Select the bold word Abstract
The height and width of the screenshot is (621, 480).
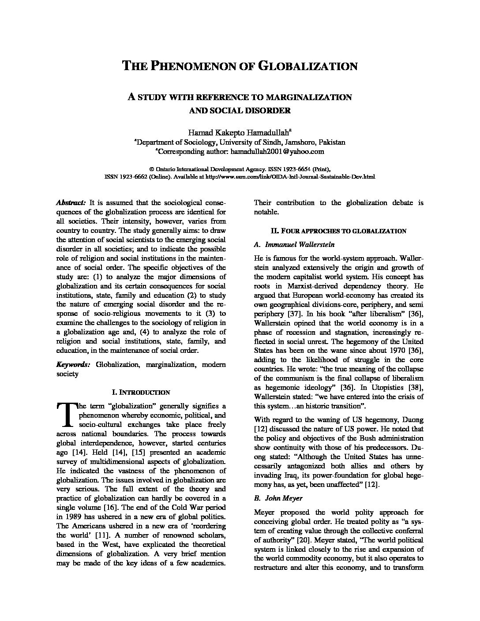tap(71, 203)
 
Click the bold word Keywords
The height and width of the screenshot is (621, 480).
tap(73, 364)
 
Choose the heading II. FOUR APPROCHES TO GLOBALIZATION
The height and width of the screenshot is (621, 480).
tap(338, 231)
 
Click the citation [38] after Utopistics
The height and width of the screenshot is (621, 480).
tap(416, 387)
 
